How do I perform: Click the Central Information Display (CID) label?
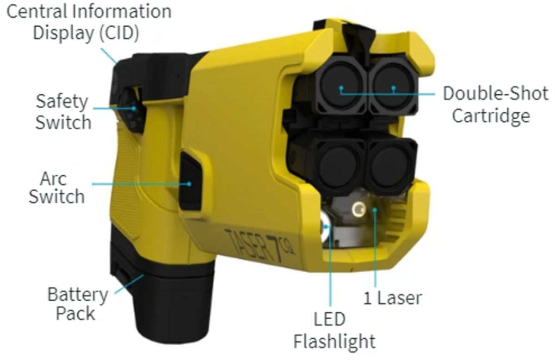pos(89,23)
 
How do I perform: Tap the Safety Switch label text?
pos(63,112)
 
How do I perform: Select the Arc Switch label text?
pos(57,188)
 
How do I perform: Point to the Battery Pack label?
pos(78,304)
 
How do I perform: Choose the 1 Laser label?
pos(393,298)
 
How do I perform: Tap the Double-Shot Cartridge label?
pos(495,104)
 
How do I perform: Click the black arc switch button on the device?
pos(190,181)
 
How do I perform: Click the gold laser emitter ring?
pos(358,210)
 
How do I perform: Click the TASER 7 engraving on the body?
pos(259,245)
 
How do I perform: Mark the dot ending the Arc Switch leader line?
pos(189,184)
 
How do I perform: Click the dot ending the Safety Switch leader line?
pos(134,108)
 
